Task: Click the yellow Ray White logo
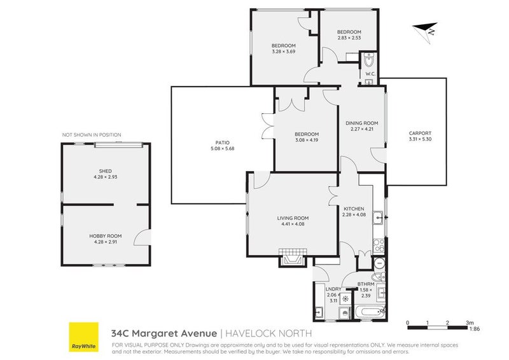pyautogui.click(x=83, y=336)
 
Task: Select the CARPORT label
pyautogui.click(x=420, y=133)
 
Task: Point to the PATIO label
pyautogui.click(x=222, y=142)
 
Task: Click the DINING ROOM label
pyautogui.click(x=361, y=123)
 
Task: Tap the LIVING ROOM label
pyautogui.click(x=293, y=218)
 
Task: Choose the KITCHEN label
pyautogui.click(x=354, y=209)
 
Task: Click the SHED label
pyautogui.click(x=105, y=171)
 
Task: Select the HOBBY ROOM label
pyautogui.click(x=106, y=236)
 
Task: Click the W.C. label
pyautogui.click(x=370, y=74)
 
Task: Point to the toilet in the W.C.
pyautogui.click(x=369, y=60)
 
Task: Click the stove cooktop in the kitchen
pyautogui.click(x=379, y=246)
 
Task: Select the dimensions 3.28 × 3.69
pyautogui.click(x=283, y=52)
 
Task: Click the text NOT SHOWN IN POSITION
pyautogui.click(x=92, y=135)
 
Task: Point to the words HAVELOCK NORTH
pyautogui.click(x=268, y=333)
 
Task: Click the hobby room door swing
pyautogui.click(x=141, y=237)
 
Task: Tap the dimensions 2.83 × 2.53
pyautogui.click(x=349, y=38)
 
